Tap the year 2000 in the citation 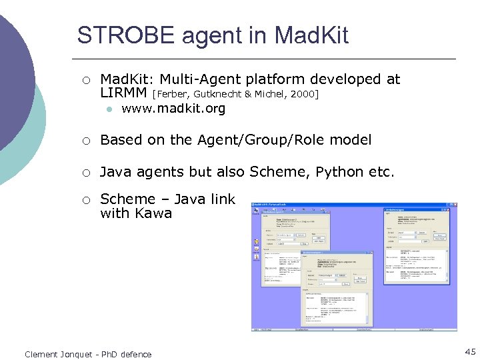(304, 95)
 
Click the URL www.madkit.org (173, 109)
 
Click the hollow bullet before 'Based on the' (85, 141)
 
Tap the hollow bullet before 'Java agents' (85, 173)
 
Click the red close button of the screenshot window (455, 204)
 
